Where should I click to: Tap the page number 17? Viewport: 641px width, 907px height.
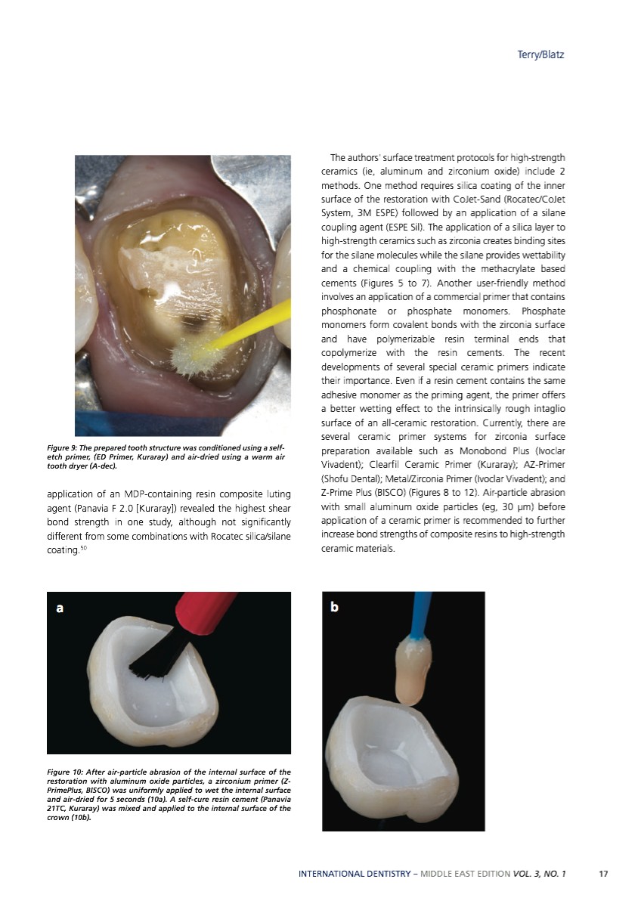pyautogui.click(x=602, y=874)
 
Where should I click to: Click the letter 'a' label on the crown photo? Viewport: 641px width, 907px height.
pyautogui.click(x=60, y=607)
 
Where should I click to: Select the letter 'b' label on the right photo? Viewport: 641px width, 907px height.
pyautogui.click(x=335, y=606)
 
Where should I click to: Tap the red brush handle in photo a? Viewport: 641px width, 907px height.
pyautogui.click(x=203, y=616)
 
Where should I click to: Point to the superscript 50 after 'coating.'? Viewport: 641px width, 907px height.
pyautogui.click(x=84, y=546)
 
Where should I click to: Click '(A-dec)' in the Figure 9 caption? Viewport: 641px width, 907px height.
pyautogui.click(x=102, y=466)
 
